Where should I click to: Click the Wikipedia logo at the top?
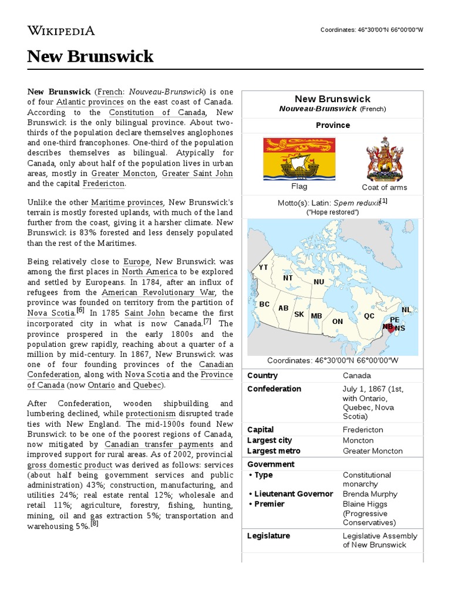pos(61,31)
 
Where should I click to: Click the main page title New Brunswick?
pos(90,56)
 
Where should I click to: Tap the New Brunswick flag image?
pos(299,158)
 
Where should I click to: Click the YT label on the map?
pos(263,268)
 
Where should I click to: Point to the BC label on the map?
pos(264,304)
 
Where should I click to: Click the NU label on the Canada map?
pos(319,282)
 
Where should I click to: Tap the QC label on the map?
pos(369,316)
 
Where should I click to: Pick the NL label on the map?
pos(406,310)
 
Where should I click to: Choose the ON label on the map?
pos(338,322)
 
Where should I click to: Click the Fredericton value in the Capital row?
pos(363,430)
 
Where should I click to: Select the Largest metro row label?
pos(274,451)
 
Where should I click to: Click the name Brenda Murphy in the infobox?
pos(370,494)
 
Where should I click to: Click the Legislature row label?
pos(269,536)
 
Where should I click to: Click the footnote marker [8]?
pos(94,524)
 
